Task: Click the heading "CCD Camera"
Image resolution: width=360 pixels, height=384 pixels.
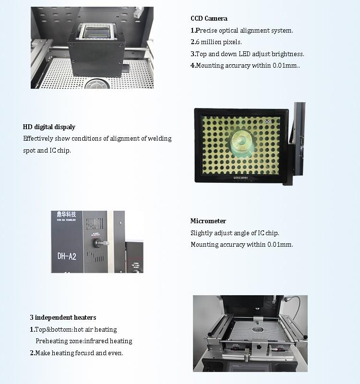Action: tap(209, 19)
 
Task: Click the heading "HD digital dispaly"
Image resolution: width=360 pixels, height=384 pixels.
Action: tap(49, 127)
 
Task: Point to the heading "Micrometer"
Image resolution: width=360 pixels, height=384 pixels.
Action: tap(208, 221)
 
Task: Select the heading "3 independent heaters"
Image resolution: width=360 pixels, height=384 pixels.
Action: tap(63, 317)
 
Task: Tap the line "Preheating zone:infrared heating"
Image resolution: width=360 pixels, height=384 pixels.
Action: tap(84, 341)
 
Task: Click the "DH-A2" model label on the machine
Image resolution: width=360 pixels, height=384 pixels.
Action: tap(67, 256)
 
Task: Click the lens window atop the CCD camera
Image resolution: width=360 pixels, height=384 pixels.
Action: tap(96, 33)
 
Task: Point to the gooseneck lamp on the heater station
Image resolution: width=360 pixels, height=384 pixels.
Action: tap(294, 305)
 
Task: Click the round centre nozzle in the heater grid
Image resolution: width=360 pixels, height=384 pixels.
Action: tap(259, 330)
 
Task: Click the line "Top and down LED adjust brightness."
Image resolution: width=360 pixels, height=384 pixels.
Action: tap(247, 54)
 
